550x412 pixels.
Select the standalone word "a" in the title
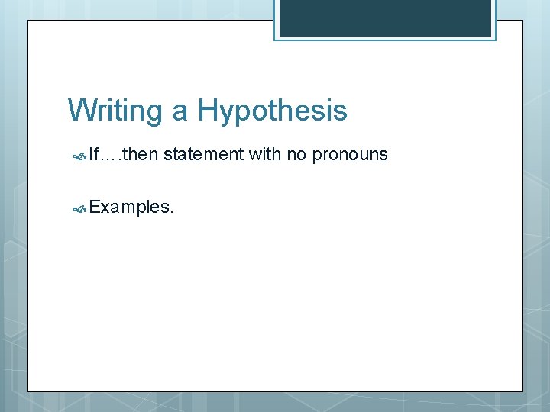[x=180, y=111]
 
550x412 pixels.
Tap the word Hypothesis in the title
[x=273, y=111]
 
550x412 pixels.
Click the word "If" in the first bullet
[x=93, y=155]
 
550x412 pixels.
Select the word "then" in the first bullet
[x=139, y=155]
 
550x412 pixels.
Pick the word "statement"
[x=203, y=155]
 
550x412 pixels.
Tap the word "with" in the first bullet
[x=265, y=155]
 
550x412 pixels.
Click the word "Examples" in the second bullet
[x=128, y=207]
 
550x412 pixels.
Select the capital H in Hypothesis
[x=208, y=111]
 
